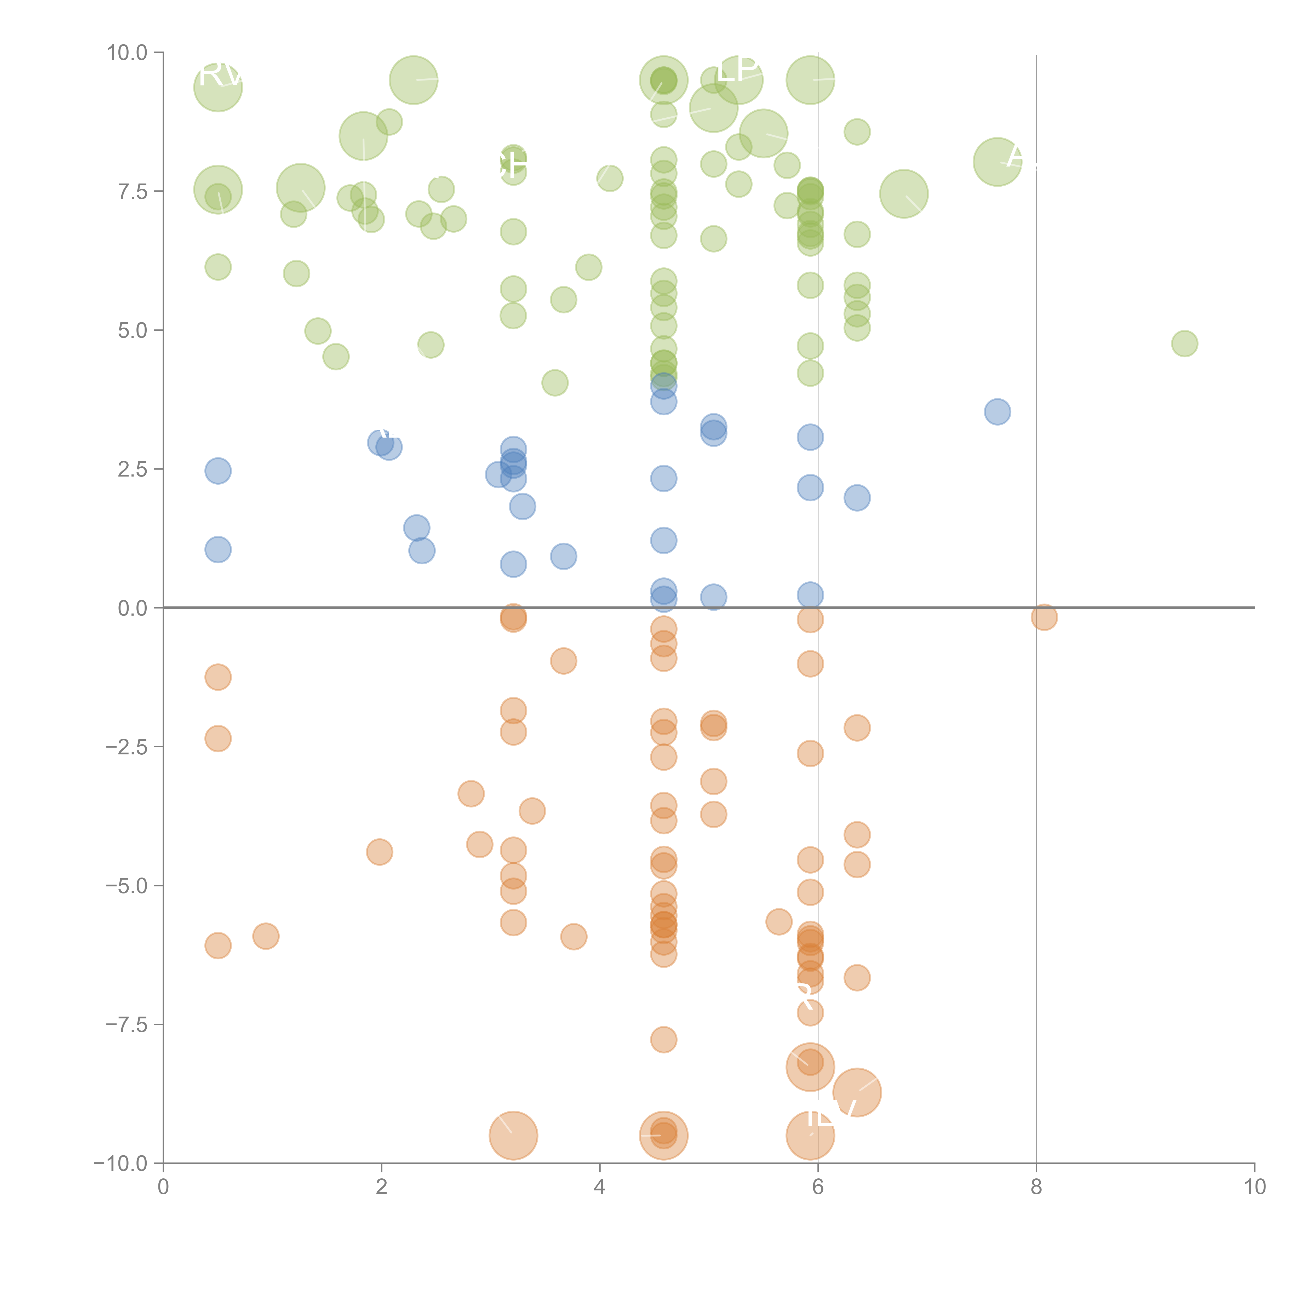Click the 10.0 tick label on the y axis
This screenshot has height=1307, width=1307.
pyautogui.click(x=127, y=53)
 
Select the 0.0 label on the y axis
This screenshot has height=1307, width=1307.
pyautogui.click(x=133, y=608)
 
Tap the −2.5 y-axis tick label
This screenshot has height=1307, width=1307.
pyautogui.click(x=127, y=747)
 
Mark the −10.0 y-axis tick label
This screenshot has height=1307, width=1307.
pyautogui.click(x=122, y=1163)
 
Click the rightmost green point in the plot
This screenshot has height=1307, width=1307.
pyautogui.click(x=1184, y=344)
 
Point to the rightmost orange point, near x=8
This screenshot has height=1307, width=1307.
pyautogui.click(x=1044, y=617)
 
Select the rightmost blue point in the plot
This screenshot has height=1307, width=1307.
pyautogui.click(x=997, y=411)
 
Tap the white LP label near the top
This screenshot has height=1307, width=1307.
pyautogui.click(x=737, y=70)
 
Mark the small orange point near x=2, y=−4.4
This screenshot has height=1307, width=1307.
pyautogui.click(x=380, y=852)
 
